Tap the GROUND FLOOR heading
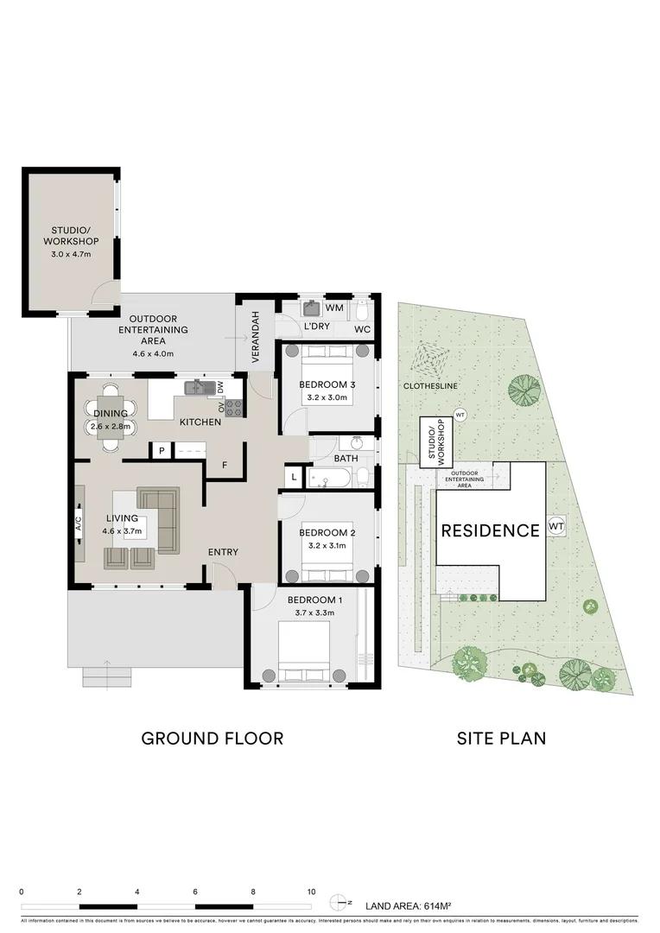(212, 739)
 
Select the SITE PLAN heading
(501, 739)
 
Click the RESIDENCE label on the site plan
(490, 530)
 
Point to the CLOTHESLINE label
(428, 386)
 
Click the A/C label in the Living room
(79, 523)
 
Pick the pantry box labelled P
(161, 451)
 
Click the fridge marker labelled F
(224, 466)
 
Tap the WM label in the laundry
(335, 308)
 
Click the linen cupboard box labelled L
(294, 477)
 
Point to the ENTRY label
(223, 553)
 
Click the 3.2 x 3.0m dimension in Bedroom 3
(326, 398)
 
